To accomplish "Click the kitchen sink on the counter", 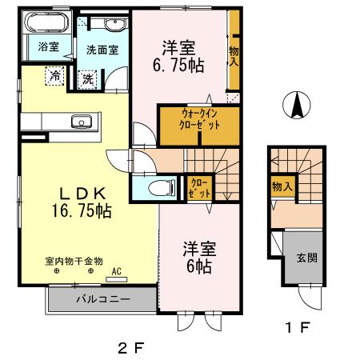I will point(81,122).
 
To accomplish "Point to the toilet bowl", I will point(163,189).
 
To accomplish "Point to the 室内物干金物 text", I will point(74,261).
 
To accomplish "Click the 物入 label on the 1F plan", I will point(281,186).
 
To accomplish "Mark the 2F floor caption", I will point(130,348).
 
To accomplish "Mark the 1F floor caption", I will point(298,326).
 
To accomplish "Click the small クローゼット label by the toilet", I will point(198,188).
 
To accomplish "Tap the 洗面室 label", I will point(102,50).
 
